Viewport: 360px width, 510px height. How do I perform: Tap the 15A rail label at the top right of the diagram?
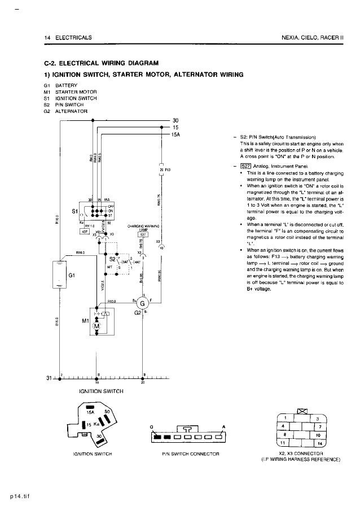coord(176,134)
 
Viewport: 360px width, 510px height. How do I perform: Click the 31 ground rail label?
coord(49,378)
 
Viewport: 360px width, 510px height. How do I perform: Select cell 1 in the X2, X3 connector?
coord(286,418)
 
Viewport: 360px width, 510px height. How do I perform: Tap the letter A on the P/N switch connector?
coord(223,426)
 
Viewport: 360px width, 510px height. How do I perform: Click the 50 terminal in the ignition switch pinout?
coord(106,415)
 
